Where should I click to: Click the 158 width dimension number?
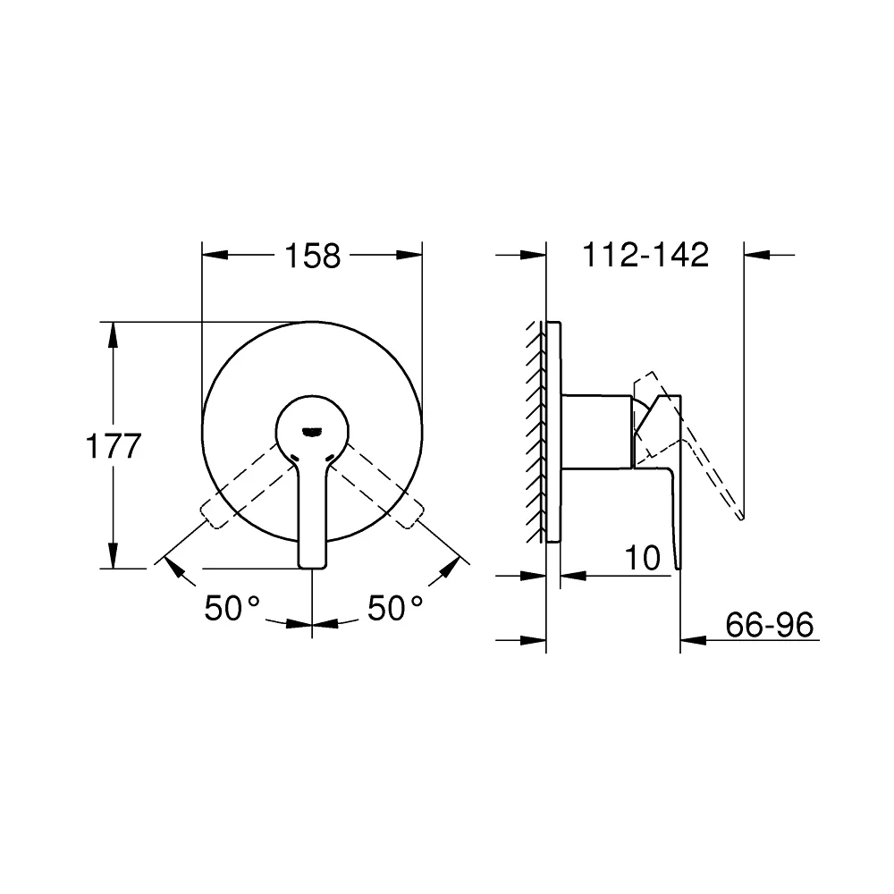coord(312,256)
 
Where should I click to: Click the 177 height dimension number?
coord(113,446)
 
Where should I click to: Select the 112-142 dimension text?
coord(645,255)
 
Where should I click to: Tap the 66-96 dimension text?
coord(769,625)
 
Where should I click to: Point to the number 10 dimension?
coord(643,558)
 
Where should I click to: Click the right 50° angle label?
coord(395,608)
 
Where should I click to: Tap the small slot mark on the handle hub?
coord(312,433)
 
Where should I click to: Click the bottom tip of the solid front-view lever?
coord(312,567)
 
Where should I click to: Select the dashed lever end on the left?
coord(210,514)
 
